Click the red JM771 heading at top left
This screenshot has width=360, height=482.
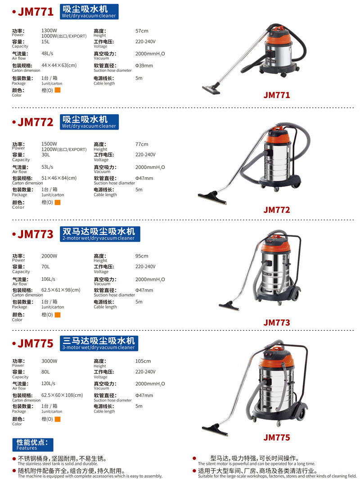[x=36, y=12]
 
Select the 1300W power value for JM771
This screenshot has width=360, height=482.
[x=49, y=31]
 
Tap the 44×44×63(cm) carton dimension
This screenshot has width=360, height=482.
[x=59, y=65]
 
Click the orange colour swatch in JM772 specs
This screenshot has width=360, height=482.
[x=58, y=202]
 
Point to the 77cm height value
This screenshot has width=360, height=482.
[x=142, y=144]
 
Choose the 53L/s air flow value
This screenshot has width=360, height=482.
[x=47, y=167]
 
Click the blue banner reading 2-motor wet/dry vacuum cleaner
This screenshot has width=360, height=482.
[x=100, y=234]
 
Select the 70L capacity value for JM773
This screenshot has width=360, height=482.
[x=45, y=266]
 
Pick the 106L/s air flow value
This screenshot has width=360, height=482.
[x=48, y=279]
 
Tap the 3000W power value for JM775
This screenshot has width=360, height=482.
[x=49, y=361]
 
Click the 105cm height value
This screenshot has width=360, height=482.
[x=143, y=361]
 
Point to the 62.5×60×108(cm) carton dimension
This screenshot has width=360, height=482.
[x=62, y=395]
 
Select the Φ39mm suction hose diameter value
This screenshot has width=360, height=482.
[x=144, y=65]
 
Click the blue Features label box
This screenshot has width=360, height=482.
[x=32, y=445]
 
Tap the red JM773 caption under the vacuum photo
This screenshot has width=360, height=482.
[x=277, y=323]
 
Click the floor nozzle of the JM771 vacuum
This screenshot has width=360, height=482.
[x=211, y=90]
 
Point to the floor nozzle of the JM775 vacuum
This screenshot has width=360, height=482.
[x=215, y=429]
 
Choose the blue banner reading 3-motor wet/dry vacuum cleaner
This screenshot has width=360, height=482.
[x=99, y=343]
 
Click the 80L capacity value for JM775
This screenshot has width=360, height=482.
[x=45, y=372]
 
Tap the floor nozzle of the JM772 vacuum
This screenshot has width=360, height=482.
[x=212, y=198]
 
